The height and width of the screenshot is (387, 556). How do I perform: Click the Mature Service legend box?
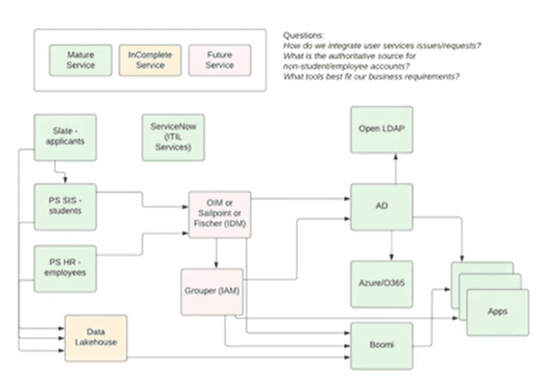pyautogui.click(x=81, y=60)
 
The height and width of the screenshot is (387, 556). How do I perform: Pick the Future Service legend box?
pyautogui.click(x=219, y=60)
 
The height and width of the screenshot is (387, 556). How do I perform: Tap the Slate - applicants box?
pyautogui.click(x=65, y=136)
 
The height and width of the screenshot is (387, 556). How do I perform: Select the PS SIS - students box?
pyautogui.click(x=65, y=206)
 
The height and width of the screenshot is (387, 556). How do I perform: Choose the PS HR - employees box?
pyautogui.click(x=65, y=268)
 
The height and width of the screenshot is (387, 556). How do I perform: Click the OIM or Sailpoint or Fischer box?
pyautogui.click(x=220, y=214)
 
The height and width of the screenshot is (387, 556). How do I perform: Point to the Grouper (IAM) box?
pyautogui.click(x=212, y=291)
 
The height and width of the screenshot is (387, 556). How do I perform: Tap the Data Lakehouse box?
pyautogui.click(x=96, y=338)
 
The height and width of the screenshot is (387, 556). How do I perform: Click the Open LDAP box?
pyautogui.click(x=382, y=129)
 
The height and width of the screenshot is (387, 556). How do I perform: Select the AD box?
pyautogui.click(x=382, y=206)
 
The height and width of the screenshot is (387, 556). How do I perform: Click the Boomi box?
pyautogui.click(x=382, y=345)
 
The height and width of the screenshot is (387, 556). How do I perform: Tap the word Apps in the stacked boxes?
pyautogui.click(x=498, y=311)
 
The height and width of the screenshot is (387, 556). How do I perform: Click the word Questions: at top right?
pyautogui.click(x=304, y=35)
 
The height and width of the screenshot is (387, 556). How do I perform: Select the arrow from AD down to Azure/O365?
pyautogui.click(x=393, y=245)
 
